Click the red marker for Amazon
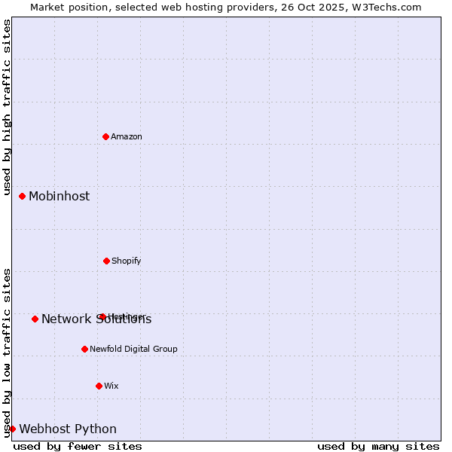click(x=105, y=136)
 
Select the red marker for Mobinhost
click(x=22, y=196)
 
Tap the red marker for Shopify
click(x=106, y=261)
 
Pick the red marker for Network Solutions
click(x=35, y=319)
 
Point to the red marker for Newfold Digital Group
click(x=84, y=349)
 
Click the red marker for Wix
click(x=99, y=386)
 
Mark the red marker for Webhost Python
click(x=12, y=429)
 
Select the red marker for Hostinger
click(x=102, y=316)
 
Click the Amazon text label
click(x=127, y=136)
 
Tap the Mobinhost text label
click(x=59, y=196)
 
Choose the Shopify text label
click(x=127, y=261)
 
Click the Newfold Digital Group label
click(x=133, y=349)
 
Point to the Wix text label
click(x=111, y=386)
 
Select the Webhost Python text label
click(x=68, y=429)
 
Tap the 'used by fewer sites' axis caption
click(x=78, y=446)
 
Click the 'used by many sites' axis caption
click(x=378, y=446)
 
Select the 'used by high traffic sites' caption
click(x=7, y=107)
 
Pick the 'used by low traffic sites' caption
click(x=7, y=352)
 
